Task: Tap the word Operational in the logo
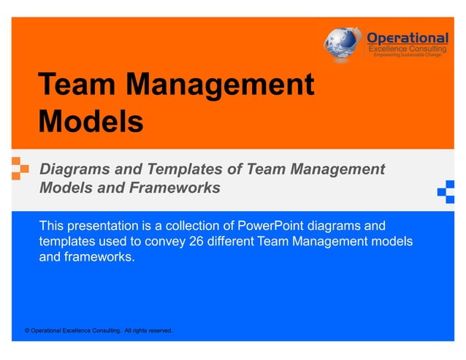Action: click(x=407, y=37)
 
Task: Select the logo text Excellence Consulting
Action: click(x=407, y=48)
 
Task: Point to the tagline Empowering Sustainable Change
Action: click(x=407, y=55)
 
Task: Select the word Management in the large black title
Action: click(x=219, y=85)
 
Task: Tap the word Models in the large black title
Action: click(x=90, y=121)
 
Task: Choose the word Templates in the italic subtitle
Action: click(x=178, y=169)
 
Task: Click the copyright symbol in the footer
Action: click(x=28, y=331)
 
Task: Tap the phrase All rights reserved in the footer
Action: click(x=148, y=331)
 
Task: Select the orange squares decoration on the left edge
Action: click(x=20, y=168)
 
